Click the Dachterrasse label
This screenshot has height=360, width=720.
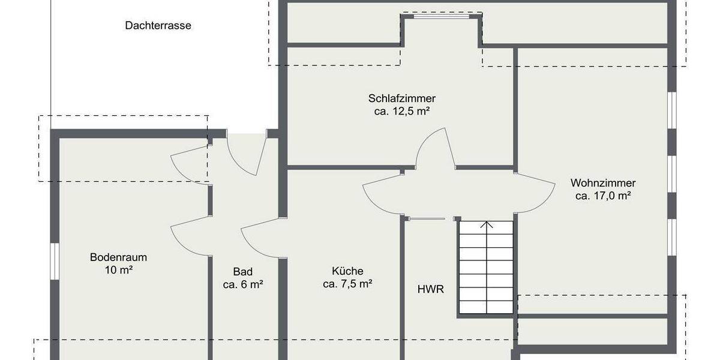click(x=158, y=25)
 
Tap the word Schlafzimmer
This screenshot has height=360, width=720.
click(x=402, y=98)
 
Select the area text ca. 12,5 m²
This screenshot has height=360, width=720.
click(x=402, y=111)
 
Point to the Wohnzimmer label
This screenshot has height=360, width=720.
click(x=603, y=183)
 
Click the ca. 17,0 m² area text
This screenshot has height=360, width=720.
click(x=603, y=196)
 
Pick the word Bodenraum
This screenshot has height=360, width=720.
click(x=118, y=257)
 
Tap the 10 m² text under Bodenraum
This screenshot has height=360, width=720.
click(x=118, y=270)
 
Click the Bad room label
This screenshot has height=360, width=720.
click(x=243, y=272)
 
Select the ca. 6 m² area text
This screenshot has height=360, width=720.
click(x=243, y=284)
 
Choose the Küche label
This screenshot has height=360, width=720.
click(x=347, y=271)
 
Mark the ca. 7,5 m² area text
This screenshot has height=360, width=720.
click(x=347, y=284)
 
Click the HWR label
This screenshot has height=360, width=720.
click(x=430, y=289)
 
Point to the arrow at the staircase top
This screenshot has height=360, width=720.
click(x=487, y=226)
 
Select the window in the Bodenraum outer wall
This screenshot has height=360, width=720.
click(x=54, y=261)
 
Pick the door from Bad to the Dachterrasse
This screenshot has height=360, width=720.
click(x=246, y=155)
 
